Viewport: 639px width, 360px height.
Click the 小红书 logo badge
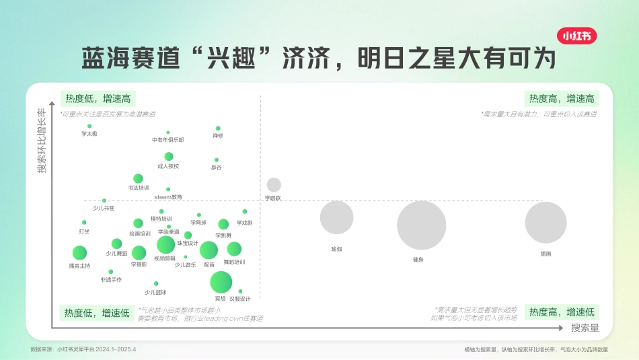[578, 36]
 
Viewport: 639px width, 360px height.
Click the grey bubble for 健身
[422, 225]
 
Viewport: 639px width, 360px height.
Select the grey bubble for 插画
[546, 222]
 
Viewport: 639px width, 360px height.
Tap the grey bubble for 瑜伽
[336, 217]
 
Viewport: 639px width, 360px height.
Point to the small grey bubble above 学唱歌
[274, 184]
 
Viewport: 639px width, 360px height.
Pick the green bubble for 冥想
[221, 283]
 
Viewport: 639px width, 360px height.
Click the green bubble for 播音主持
[79, 253]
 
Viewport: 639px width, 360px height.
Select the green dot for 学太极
[89, 126]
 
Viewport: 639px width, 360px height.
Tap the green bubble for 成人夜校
[168, 156]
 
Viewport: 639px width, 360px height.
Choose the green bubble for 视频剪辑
[165, 245]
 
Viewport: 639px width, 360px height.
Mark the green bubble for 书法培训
[138, 178]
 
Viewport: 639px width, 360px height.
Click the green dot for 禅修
[218, 128]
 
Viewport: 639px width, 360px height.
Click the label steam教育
[168, 197]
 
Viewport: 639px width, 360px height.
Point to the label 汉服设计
[239, 299]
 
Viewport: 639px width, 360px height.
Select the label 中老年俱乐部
[167, 140]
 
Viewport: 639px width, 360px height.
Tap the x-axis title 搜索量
[585, 328]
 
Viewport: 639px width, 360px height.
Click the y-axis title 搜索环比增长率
[42, 141]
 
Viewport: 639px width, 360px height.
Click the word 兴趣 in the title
[227, 57]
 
